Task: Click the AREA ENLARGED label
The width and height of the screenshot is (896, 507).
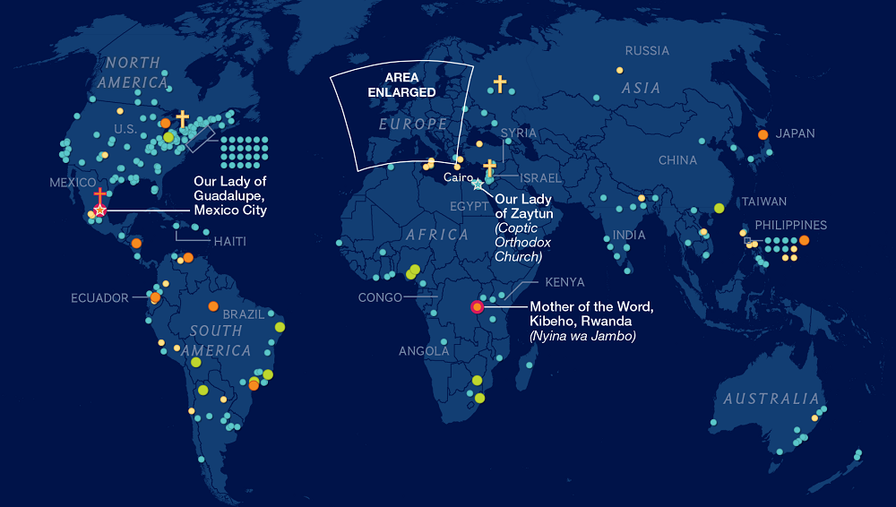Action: click(x=410, y=84)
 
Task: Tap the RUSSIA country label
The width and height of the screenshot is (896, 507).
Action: click(x=647, y=51)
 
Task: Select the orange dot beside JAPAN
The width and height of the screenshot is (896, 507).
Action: click(x=762, y=134)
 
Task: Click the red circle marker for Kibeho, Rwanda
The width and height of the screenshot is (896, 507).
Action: click(x=477, y=306)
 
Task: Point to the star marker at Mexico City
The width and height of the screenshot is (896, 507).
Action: click(x=100, y=210)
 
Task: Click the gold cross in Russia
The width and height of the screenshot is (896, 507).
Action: click(x=499, y=84)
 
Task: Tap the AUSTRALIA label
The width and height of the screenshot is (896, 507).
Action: click(x=771, y=399)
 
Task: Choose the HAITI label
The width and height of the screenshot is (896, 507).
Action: click(x=229, y=241)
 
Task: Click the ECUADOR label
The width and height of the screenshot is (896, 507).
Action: click(x=100, y=298)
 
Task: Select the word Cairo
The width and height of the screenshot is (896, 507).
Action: click(x=458, y=177)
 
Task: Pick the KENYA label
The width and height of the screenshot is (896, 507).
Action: click(x=564, y=282)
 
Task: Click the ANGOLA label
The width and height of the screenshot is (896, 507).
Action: click(x=424, y=351)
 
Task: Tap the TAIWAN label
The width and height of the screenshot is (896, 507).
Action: click(x=763, y=202)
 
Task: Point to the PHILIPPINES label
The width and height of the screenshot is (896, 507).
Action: click(x=790, y=225)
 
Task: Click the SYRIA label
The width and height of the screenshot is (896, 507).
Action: click(x=519, y=133)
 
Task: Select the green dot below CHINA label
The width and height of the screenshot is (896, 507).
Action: click(x=719, y=208)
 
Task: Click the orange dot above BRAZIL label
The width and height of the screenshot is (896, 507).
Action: click(x=212, y=306)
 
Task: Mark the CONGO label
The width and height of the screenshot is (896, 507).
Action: click(x=380, y=297)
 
